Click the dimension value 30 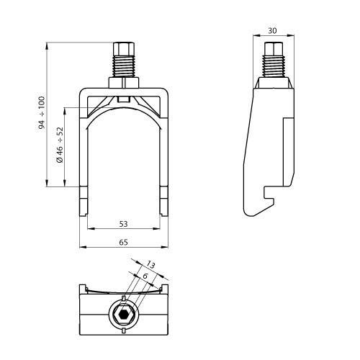click(271, 30)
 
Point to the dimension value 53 click(124, 225)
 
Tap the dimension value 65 click(124, 243)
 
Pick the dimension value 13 click(150, 264)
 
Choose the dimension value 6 click(144, 276)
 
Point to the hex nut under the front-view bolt click(124, 81)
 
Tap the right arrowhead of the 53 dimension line click(159, 229)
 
